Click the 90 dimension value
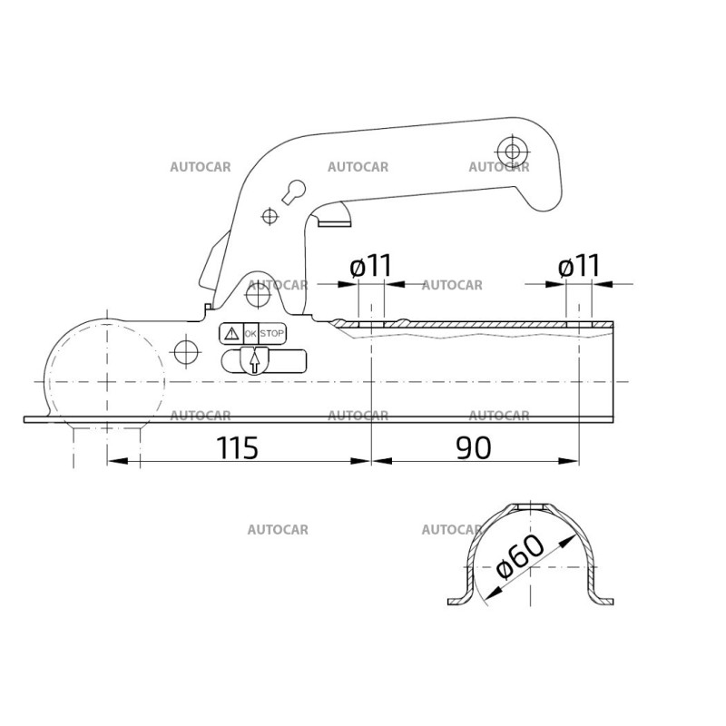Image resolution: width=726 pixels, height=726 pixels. click(474, 447)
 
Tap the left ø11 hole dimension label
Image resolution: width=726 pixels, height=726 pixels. click(370, 266)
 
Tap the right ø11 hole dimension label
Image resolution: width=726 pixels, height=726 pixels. click(579, 266)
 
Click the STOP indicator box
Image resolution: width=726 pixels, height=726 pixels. click(272, 334)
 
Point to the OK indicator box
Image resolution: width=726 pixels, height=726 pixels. click(250, 334)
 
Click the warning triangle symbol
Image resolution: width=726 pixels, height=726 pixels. click(231, 334)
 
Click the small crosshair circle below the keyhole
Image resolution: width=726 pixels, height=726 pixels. click(269, 215)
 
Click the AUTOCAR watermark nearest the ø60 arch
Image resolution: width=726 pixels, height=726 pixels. click(451, 529)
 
